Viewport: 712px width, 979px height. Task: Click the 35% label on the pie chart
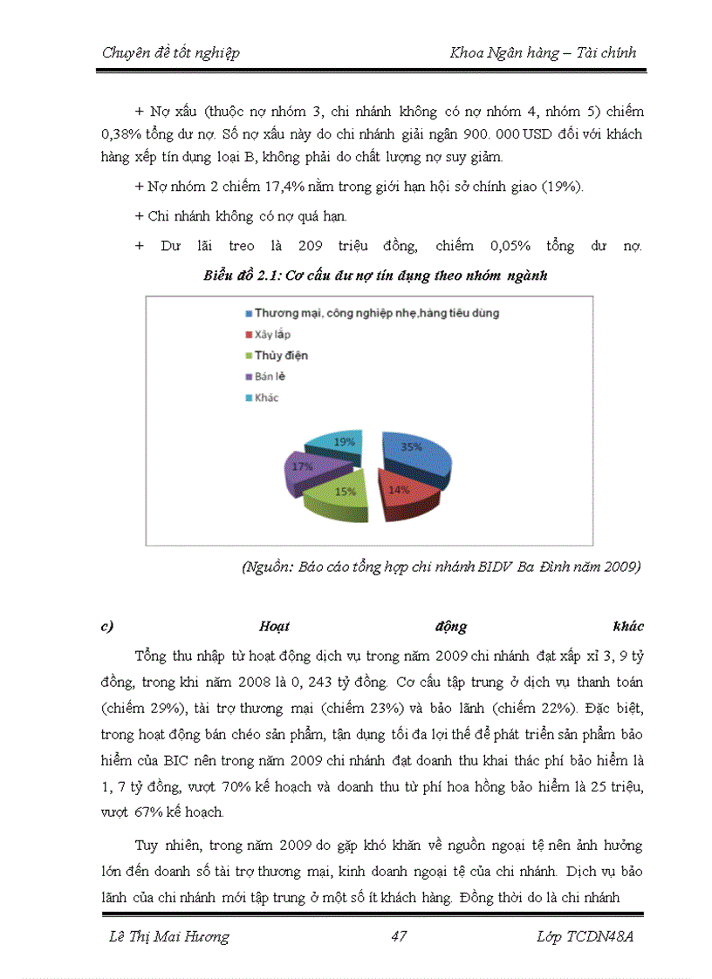coord(412,446)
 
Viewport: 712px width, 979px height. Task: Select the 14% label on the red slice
coord(398,489)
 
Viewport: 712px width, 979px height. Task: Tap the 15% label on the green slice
coord(345,492)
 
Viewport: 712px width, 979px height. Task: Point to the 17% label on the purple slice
coord(303,466)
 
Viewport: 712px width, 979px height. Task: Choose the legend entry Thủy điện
coord(281,356)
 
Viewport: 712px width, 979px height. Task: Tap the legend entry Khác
coord(267,398)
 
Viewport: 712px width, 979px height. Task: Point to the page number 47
coord(400,937)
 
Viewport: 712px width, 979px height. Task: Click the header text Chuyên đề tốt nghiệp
coord(171,52)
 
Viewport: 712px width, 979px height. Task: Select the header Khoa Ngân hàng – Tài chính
coord(543,52)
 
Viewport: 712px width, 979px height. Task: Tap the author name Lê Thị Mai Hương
coord(166,937)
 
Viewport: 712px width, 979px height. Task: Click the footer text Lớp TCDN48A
coord(587,937)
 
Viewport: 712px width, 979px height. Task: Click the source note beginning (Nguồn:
coord(442,568)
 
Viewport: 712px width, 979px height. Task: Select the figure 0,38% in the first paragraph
coord(122,135)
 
